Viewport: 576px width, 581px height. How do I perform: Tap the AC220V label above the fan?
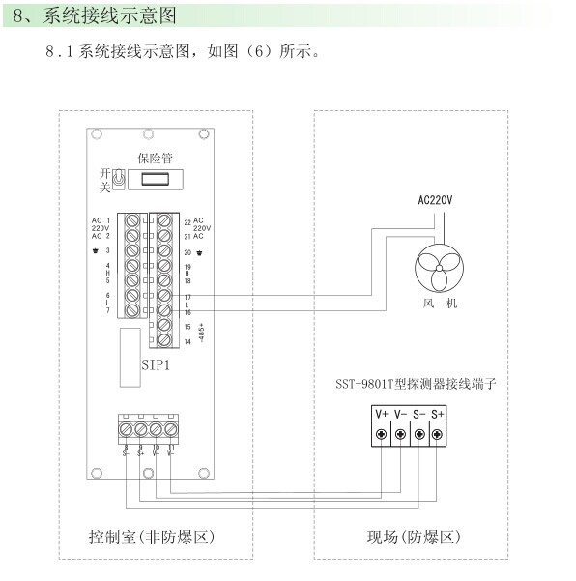point(435,201)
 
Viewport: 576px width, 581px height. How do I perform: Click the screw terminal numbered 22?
point(165,221)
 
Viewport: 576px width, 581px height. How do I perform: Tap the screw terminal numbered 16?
point(165,309)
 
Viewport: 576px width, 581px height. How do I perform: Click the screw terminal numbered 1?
point(132,221)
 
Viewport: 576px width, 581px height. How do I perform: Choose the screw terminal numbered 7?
point(132,309)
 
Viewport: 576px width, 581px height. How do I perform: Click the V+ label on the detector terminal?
point(383,414)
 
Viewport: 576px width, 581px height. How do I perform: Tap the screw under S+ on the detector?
point(438,434)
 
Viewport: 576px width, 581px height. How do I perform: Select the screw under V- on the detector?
point(401,434)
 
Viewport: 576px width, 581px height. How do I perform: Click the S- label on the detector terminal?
point(419,414)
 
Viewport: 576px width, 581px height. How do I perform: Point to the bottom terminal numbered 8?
point(126,428)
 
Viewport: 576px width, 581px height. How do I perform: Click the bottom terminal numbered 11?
point(171,428)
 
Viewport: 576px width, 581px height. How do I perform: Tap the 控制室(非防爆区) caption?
point(157,535)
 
